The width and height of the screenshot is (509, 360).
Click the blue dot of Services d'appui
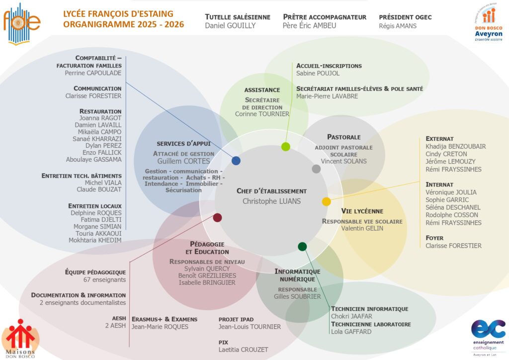pyautogui.click(x=236, y=161)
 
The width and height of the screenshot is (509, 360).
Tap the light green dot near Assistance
pyautogui.click(x=285, y=147)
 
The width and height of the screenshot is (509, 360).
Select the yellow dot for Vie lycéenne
pyautogui.click(x=326, y=201)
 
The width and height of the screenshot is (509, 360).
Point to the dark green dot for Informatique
pyautogui.click(x=302, y=246)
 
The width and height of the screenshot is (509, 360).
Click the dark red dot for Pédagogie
pyautogui.click(x=217, y=217)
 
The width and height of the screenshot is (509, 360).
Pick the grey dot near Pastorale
pyautogui.click(x=316, y=169)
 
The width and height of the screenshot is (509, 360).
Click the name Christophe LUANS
pyautogui.click(x=271, y=201)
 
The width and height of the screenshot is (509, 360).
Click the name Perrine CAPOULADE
pyautogui.click(x=93, y=73)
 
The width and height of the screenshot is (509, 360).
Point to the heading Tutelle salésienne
pyautogui.click(x=238, y=17)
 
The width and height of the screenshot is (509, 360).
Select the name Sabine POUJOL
pyautogui.click(x=318, y=74)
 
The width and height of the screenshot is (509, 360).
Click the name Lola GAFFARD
pyautogui.click(x=351, y=332)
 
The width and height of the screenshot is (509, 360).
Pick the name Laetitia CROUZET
pyautogui.click(x=243, y=350)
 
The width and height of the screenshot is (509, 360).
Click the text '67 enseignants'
pyautogui.click(x=105, y=280)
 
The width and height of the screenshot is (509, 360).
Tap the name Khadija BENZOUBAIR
pyautogui.click(x=456, y=147)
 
